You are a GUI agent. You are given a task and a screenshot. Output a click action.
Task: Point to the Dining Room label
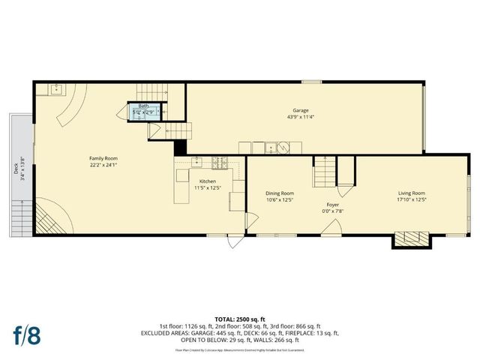click(279, 193)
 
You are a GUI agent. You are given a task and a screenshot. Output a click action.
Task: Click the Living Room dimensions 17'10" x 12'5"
click(411, 199)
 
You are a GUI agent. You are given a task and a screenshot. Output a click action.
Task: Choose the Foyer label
click(333, 204)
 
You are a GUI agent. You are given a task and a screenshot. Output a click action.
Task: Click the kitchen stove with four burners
click(220, 161)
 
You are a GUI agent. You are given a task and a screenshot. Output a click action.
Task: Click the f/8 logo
click(27, 334)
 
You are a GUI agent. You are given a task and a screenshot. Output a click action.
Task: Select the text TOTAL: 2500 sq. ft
click(240, 319)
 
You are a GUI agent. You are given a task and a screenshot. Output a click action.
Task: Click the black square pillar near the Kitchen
click(180, 148)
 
